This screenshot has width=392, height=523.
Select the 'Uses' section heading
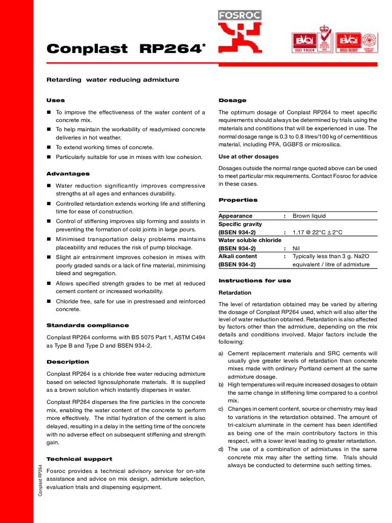[56, 100]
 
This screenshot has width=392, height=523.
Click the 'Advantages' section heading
[68, 174]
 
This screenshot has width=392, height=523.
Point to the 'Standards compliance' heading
[87, 325]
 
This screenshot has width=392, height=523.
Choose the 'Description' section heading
[68, 362]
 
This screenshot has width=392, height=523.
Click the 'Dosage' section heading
[232, 100]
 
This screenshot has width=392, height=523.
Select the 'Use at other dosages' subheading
[249, 156]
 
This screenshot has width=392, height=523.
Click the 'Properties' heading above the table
[238, 200]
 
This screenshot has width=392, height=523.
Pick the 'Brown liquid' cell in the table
[309, 216]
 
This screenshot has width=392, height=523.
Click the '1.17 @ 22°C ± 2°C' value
[317, 232]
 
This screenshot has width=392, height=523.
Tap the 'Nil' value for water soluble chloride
[297, 248]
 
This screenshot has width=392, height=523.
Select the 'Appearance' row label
[235, 216]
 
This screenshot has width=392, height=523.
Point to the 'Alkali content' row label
[238, 256]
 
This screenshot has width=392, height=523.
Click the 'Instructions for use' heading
[255, 280]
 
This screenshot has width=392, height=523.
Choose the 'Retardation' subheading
[235, 293]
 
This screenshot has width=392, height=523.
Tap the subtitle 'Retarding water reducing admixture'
[113, 80]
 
